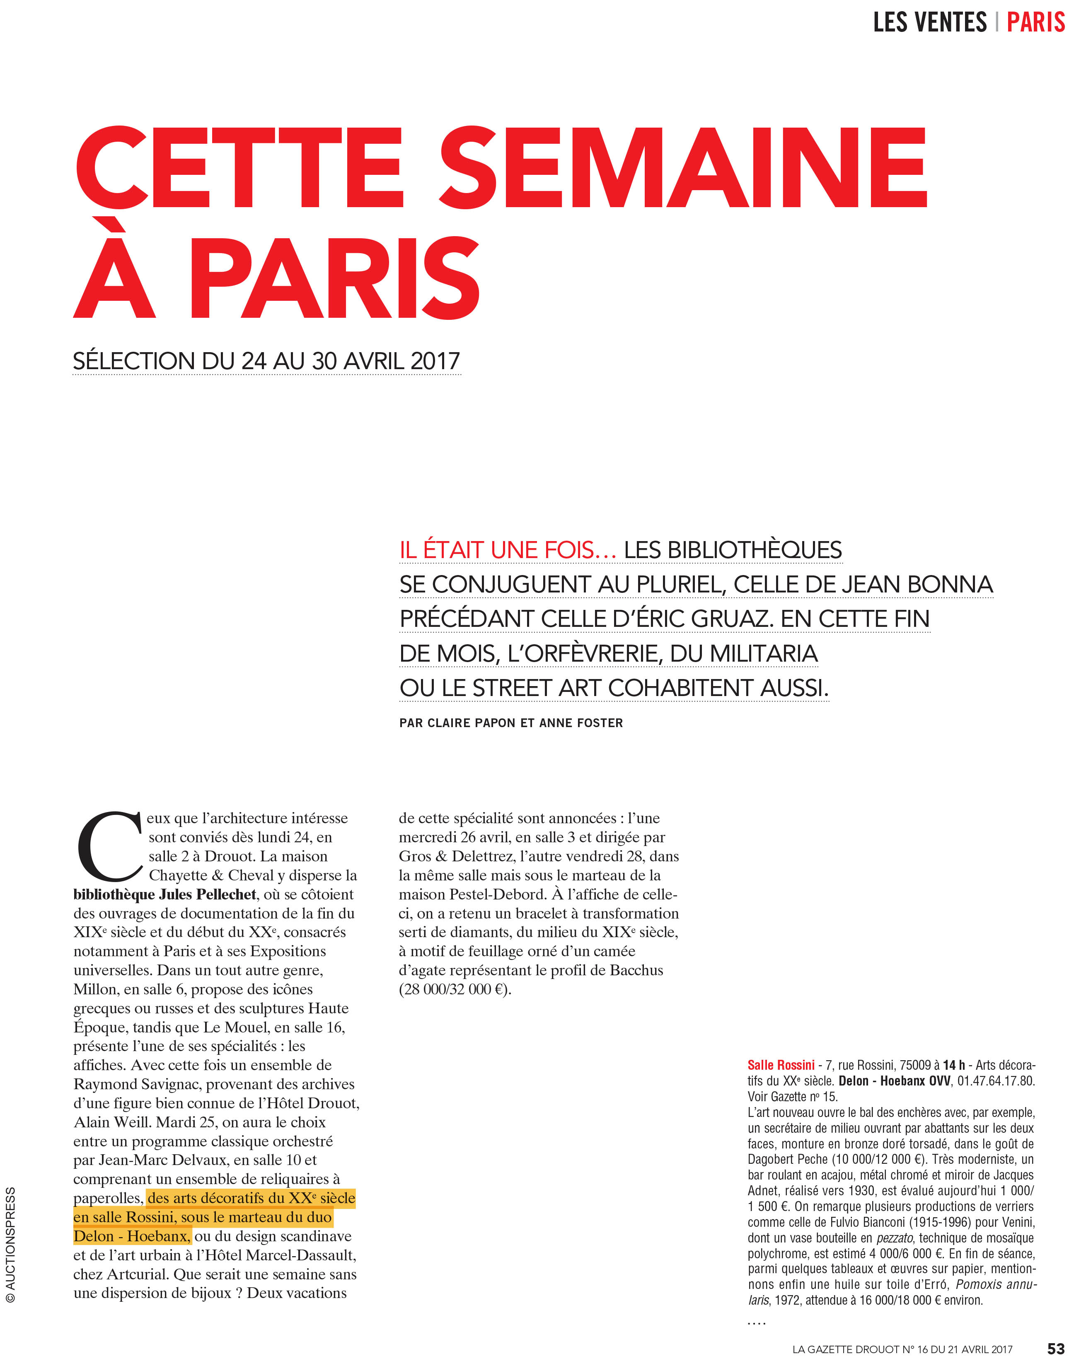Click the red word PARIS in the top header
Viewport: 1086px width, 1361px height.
click(x=1035, y=23)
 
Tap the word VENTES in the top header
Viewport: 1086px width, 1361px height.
click(x=950, y=23)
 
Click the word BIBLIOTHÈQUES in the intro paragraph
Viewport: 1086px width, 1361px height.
click(x=733, y=550)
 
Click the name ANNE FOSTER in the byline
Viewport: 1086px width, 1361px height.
click(x=581, y=723)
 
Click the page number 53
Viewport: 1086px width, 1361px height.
click(x=1056, y=1349)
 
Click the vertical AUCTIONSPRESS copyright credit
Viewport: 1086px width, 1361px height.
click(x=11, y=1244)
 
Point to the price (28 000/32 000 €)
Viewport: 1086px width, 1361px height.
click(x=455, y=989)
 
